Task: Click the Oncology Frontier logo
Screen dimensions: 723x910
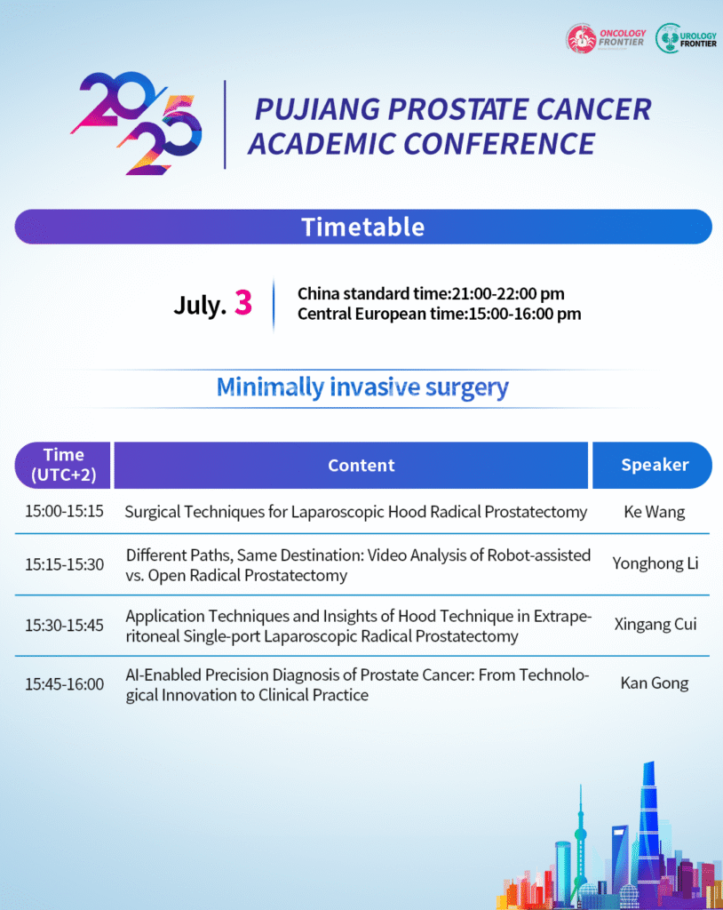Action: [606, 38]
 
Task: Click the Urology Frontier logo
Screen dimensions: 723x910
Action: [686, 38]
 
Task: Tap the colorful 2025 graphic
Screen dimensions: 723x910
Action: [137, 123]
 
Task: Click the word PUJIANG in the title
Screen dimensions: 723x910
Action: [317, 109]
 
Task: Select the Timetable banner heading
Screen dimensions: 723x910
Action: [363, 227]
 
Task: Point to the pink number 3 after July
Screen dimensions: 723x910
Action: [243, 302]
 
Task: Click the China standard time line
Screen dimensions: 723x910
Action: [431, 293]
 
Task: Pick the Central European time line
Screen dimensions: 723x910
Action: [440, 314]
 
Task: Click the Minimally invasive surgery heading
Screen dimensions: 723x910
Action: [362, 387]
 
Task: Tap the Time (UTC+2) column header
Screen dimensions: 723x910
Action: [63, 465]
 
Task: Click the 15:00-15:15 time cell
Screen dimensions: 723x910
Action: [64, 511]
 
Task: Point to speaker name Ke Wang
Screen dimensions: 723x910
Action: [655, 512]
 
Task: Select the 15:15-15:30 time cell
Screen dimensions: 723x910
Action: [64, 564]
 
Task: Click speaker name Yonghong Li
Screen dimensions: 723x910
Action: [655, 563]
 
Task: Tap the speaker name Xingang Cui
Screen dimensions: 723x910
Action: [655, 624]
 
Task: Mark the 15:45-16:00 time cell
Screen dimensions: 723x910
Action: [64, 684]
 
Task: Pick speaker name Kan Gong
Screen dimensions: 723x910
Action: [655, 683]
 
